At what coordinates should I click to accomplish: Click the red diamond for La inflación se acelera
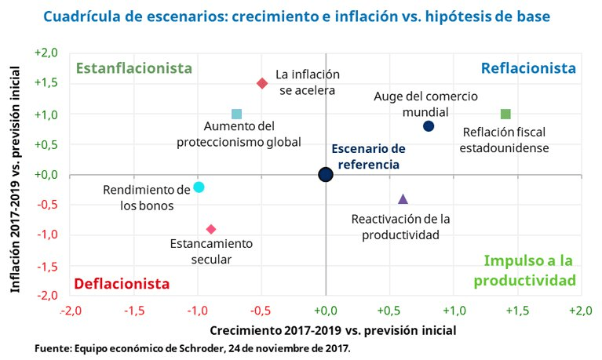click(262, 83)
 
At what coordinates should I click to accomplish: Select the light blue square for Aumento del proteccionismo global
click(237, 115)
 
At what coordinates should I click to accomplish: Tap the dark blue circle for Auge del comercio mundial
click(428, 126)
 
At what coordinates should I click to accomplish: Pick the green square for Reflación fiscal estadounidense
click(505, 115)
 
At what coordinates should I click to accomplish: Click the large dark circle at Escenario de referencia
click(326, 174)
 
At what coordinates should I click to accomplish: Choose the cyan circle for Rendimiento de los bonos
click(199, 187)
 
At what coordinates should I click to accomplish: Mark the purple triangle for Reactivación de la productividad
click(403, 199)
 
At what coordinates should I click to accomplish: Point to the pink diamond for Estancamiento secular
click(211, 229)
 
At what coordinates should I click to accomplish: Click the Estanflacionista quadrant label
click(133, 68)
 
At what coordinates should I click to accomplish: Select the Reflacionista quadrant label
click(528, 68)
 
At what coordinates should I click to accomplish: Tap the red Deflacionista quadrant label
click(122, 282)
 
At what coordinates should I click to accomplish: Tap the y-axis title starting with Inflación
click(15, 174)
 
